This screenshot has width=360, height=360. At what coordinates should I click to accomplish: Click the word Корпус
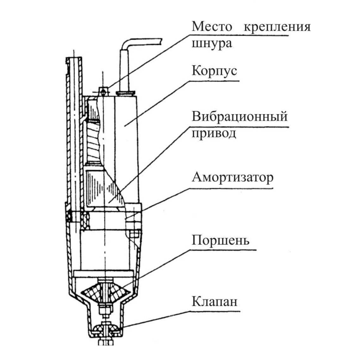(214, 71)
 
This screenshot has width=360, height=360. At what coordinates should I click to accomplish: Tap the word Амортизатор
(233, 177)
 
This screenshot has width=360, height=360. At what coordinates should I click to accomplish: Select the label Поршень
(220, 240)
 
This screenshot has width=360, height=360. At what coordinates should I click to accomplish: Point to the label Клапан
(214, 301)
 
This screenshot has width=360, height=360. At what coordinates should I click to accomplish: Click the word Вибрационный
(240, 116)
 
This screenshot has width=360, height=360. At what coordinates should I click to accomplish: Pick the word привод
(214, 133)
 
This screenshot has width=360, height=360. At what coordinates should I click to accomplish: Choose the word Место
(212, 26)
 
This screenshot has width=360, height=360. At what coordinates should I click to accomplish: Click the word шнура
(212, 43)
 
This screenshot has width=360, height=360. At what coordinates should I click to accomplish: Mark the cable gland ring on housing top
(126, 93)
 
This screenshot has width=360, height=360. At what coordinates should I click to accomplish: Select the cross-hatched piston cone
(106, 292)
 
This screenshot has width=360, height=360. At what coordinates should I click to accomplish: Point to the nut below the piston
(106, 309)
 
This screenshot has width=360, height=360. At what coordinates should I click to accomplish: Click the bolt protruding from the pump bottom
(106, 341)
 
